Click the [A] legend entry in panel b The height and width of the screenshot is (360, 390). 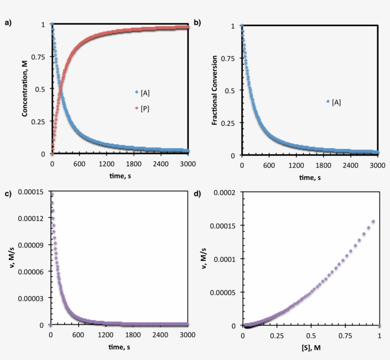[x=335, y=102]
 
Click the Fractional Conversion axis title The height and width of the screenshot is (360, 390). [x=214, y=90]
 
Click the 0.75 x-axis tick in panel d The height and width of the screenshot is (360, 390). [x=345, y=336]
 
